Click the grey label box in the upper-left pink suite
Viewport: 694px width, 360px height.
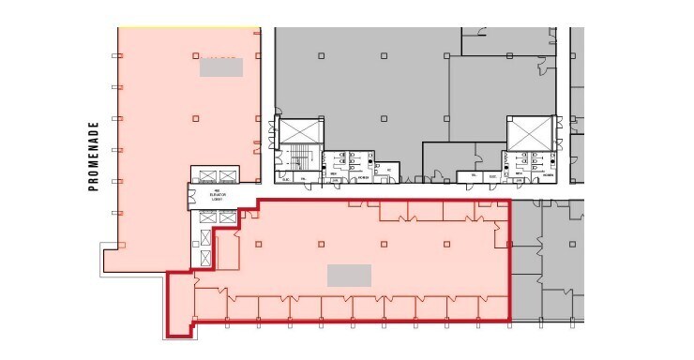pos(221,67)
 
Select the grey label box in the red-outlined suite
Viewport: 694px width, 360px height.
pos(349,275)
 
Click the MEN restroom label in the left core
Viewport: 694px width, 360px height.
pos(333,175)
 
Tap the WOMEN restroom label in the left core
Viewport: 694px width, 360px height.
pos(362,175)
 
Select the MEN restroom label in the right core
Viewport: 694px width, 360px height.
pos(518,175)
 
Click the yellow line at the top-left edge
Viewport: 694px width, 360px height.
pos(188,27)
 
